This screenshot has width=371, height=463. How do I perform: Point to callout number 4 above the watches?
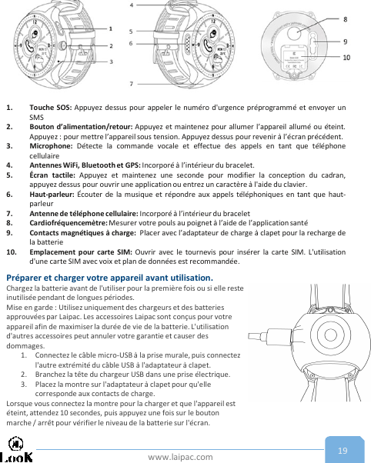tap(131, 5)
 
